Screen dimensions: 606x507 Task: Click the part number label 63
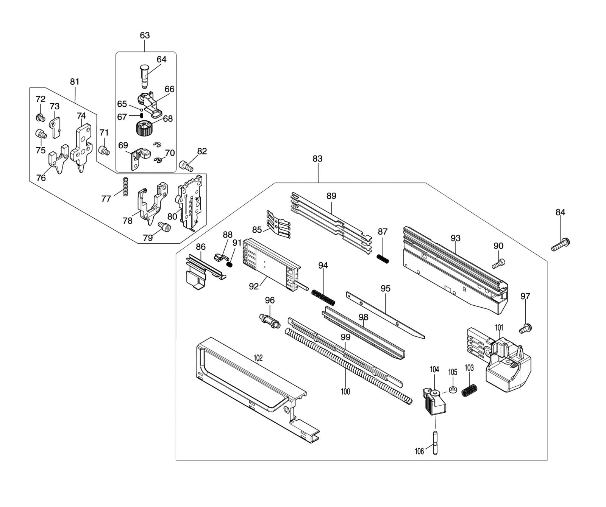(145, 35)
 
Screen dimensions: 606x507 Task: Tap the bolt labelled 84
(561, 244)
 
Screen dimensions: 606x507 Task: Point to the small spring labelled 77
(125, 187)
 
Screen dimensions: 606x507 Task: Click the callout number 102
(258, 358)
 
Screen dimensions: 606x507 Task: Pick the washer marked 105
(453, 390)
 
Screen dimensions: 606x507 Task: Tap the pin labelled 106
(435, 443)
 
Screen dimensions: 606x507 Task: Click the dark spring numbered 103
(469, 390)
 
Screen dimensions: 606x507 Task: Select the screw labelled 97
(525, 328)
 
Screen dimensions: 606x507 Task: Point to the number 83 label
(317, 159)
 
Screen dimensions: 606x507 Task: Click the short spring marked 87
(383, 259)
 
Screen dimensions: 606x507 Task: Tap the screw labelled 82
(186, 166)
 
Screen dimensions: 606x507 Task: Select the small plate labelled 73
(55, 127)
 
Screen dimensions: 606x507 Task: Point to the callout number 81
(75, 81)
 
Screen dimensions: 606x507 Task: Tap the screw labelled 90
(499, 263)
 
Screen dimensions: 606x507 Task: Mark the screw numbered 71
(104, 151)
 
